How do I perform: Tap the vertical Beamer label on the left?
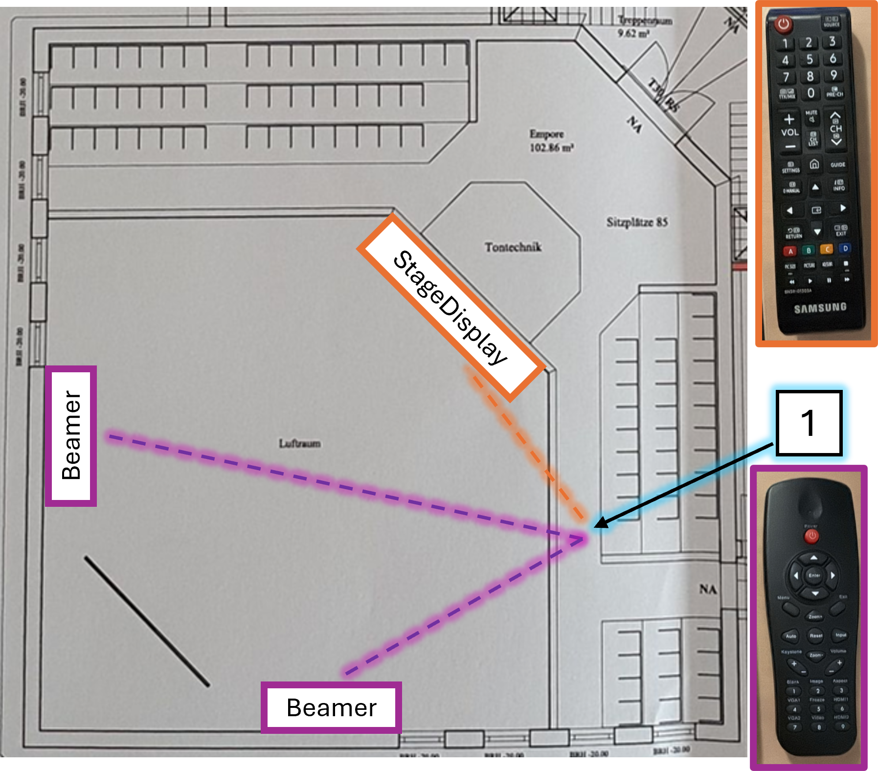(x=71, y=436)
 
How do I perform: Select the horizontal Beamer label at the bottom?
(x=331, y=707)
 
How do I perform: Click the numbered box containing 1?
(x=809, y=423)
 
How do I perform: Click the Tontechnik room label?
(x=513, y=247)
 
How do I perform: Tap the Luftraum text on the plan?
(x=299, y=444)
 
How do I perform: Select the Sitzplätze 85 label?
(x=637, y=223)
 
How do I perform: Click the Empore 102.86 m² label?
(x=550, y=141)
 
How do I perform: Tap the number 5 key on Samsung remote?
(x=810, y=60)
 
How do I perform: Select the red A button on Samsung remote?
(x=790, y=251)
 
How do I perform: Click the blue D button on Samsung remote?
(x=845, y=249)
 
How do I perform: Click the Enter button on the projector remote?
(x=814, y=575)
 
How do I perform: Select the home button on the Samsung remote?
(x=814, y=164)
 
